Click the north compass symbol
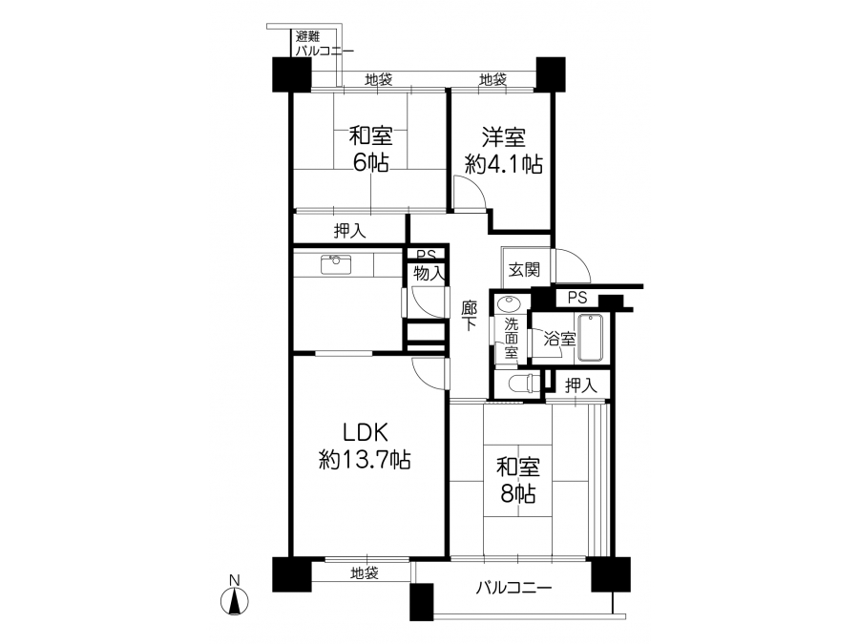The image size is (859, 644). click(235, 600)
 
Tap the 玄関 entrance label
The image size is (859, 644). click(524, 269)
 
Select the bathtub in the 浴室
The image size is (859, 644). click(590, 338)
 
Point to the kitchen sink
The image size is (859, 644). click(335, 264)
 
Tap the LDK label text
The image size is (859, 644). click(366, 432)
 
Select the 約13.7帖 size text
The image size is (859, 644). click(365, 460)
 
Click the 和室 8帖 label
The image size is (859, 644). click(517, 480)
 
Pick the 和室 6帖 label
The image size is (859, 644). click(370, 149)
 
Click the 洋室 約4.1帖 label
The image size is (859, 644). click(503, 151)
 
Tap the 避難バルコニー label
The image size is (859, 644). click(325, 44)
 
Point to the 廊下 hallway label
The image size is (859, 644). click(469, 315)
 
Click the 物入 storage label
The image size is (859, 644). click(429, 273)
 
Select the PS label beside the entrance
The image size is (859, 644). click(577, 298)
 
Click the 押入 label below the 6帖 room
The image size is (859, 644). click(350, 231)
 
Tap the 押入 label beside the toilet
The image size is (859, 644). click(580, 385)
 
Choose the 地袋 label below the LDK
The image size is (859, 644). click(365, 573)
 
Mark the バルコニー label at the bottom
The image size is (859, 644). click(513, 588)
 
